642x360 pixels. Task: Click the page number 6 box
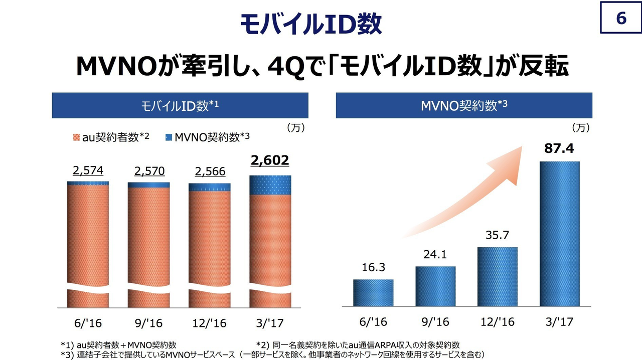[x=621, y=19]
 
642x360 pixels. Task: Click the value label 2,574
[x=88, y=171]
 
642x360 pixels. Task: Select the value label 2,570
[x=149, y=171]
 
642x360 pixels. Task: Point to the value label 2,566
[x=210, y=171]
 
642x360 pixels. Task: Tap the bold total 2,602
[x=270, y=160]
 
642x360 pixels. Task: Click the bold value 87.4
[x=559, y=149]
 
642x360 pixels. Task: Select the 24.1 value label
[x=435, y=255]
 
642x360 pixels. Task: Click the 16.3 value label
[x=373, y=268]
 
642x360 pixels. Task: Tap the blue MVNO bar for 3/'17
[x=559, y=233]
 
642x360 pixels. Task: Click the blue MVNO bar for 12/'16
[x=497, y=276]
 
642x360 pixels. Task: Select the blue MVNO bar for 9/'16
[x=435, y=286]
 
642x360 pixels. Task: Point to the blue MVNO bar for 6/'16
[x=373, y=292]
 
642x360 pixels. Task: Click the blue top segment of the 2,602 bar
[x=270, y=185]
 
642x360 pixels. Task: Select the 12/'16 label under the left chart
[x=210, y=322]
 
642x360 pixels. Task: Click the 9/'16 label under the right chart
[x=435, y=321]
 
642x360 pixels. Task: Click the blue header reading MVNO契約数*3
[x=463, y=105]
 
